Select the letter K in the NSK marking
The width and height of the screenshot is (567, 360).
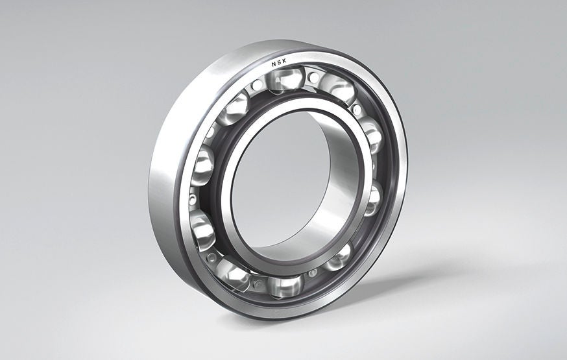(287, 64)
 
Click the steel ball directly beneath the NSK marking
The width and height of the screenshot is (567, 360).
(285, 79)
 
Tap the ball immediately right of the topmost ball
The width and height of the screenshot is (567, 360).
(337, 88)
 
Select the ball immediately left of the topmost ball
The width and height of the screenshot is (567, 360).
(235, 108)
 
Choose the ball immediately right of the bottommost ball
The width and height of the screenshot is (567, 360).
(337, 257)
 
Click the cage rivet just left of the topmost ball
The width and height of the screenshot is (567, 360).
(258, 85)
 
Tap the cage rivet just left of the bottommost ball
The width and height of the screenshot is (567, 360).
(259, 283)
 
